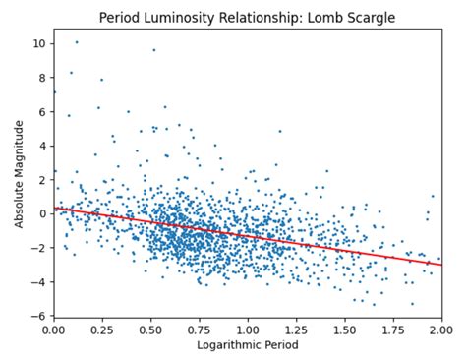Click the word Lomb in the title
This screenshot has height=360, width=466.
point(332,18)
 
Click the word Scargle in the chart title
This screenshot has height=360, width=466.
point(375,18)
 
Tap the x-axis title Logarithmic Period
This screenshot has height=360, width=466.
point(248,345)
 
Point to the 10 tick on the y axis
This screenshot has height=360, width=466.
point(38,44)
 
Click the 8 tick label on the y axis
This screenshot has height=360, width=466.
point(41,78)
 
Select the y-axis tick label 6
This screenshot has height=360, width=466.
point(41,112)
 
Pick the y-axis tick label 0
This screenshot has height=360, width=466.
point(41,213)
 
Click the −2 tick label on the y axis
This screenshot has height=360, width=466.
point(38,248)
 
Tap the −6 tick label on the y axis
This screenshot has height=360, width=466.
point(38,316)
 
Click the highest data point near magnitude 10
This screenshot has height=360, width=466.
point(77,42)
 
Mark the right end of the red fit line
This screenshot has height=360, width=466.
point(441,265)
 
